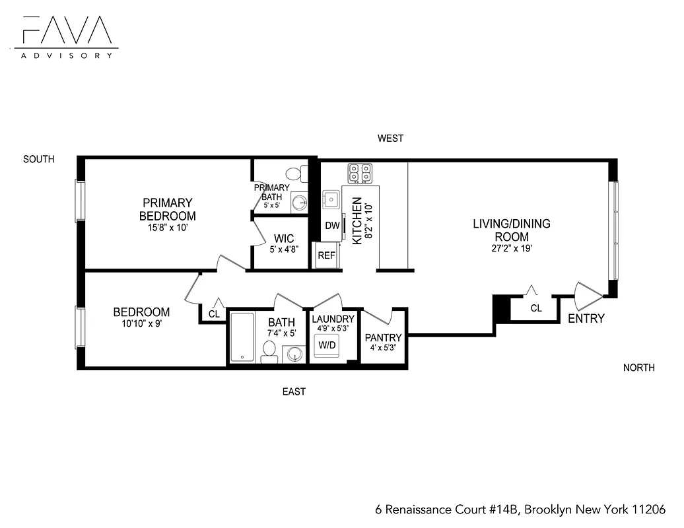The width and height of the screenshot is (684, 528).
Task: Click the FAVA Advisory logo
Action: pos(65,36)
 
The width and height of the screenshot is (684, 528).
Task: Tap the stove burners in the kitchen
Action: pos(360,173)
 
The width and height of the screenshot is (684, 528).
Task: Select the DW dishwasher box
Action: pos(332,226)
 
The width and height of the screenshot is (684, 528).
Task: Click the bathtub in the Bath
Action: pos(242,337)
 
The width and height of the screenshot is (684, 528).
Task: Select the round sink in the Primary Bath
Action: pos(299,202)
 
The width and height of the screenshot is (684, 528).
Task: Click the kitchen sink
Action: pos(330,199)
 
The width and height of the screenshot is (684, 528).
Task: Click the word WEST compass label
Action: pos(390,139)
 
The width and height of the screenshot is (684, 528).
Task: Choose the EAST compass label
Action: pos(294,392)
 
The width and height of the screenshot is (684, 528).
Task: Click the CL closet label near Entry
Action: pos(536,308)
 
